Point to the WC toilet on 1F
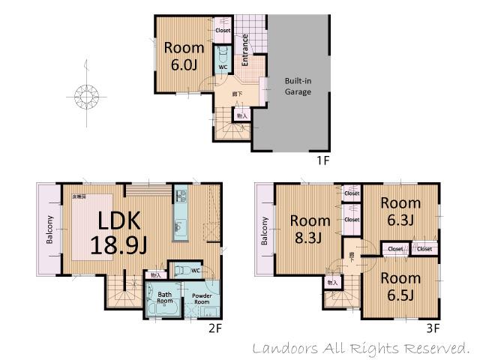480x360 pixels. [223, 56]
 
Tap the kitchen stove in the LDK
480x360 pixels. [180, 196]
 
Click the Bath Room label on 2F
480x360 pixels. [164, 298]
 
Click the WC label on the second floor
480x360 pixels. [195, 270]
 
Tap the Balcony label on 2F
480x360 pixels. [49, 230]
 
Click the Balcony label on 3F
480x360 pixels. [265, 230]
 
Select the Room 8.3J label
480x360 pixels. [310, 229]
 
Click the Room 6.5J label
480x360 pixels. [400, 286]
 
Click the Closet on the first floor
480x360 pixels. [223, 30]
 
